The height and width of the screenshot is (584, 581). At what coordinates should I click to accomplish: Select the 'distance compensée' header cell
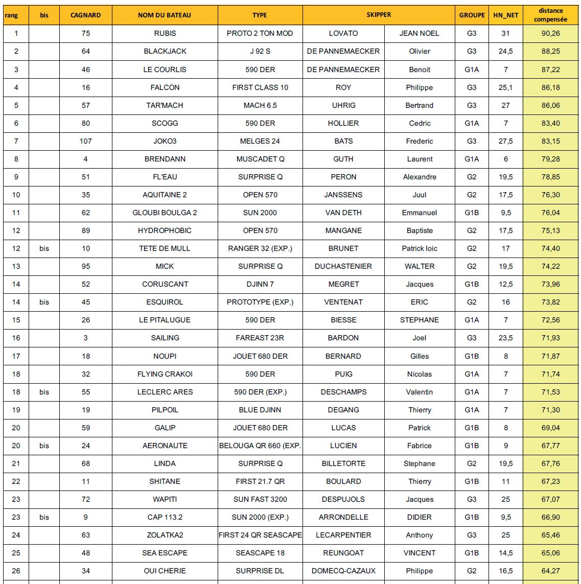click(x=550, y=15)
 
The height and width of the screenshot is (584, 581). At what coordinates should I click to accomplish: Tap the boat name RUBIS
click(x=165, y=33)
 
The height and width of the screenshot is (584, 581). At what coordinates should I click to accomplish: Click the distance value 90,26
click(x=550, y=33)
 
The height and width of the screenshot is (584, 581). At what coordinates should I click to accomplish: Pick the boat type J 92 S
click(x=260, y=51)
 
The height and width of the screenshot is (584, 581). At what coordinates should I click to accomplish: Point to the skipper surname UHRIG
click(x=343, y=105)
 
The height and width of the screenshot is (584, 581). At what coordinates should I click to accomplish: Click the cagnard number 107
click(x=85, y=141)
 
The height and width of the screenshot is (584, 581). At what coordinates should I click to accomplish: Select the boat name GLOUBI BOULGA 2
click(x=165, y=213)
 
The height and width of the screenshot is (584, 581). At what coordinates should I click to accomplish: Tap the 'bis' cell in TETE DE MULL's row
click(x=44, y=248)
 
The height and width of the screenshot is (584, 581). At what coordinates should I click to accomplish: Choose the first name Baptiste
click(x=420, y=230)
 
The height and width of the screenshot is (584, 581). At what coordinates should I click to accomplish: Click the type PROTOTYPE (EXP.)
click(x=260, y=302)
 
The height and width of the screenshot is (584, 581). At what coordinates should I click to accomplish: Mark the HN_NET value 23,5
click(x=505, y=338)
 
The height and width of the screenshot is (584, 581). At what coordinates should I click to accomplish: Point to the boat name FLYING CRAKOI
click(x=165, y=374)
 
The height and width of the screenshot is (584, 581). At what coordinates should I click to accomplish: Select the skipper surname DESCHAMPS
click(x=343, y=392)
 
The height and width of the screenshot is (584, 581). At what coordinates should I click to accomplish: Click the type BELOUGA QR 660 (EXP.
click(x=260, y=446)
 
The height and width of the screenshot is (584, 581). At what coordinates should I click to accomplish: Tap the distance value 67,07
click(x=550, y=499)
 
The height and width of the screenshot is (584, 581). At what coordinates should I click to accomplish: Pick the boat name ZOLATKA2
click(x=165, y=535)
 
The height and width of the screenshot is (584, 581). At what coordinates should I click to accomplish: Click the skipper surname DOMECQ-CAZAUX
click(x=343, y=571)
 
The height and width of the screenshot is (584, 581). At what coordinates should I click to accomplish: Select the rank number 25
click(x=16, y=553)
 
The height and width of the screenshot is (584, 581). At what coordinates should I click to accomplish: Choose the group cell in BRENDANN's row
click(x=472, y=159)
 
